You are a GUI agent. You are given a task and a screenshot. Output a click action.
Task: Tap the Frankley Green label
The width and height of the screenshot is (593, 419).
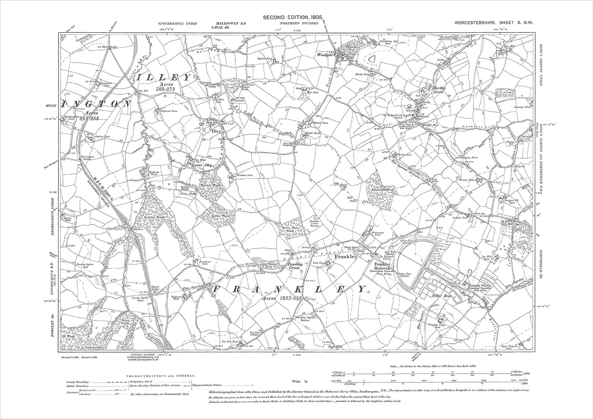[295, 266]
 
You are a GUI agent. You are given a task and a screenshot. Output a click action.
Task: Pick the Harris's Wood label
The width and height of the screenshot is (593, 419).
[212, 185]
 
